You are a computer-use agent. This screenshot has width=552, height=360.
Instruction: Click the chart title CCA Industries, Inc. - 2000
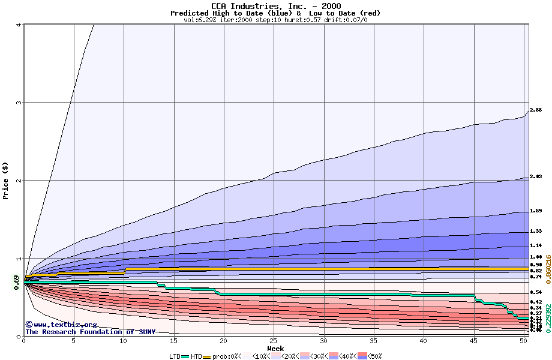(x=275, y=6)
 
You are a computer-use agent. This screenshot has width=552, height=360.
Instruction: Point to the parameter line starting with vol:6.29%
(x=275, y=20)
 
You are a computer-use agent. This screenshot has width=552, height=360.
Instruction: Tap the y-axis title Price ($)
(x=6, y=180)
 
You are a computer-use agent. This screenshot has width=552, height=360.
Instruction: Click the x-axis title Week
(x=275, y=349)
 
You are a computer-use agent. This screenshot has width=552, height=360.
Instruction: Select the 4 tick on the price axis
(x=19, y=25)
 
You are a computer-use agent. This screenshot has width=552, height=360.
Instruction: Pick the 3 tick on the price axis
(x=19, y=103)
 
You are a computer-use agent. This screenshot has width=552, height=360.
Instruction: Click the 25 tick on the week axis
(x=274, y=341)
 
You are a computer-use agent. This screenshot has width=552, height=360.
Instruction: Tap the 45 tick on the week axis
(x=474, y=341)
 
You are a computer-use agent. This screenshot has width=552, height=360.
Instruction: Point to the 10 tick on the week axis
(x=124, y=341)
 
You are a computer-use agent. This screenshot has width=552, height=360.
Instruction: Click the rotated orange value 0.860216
(x=547, y=259)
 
